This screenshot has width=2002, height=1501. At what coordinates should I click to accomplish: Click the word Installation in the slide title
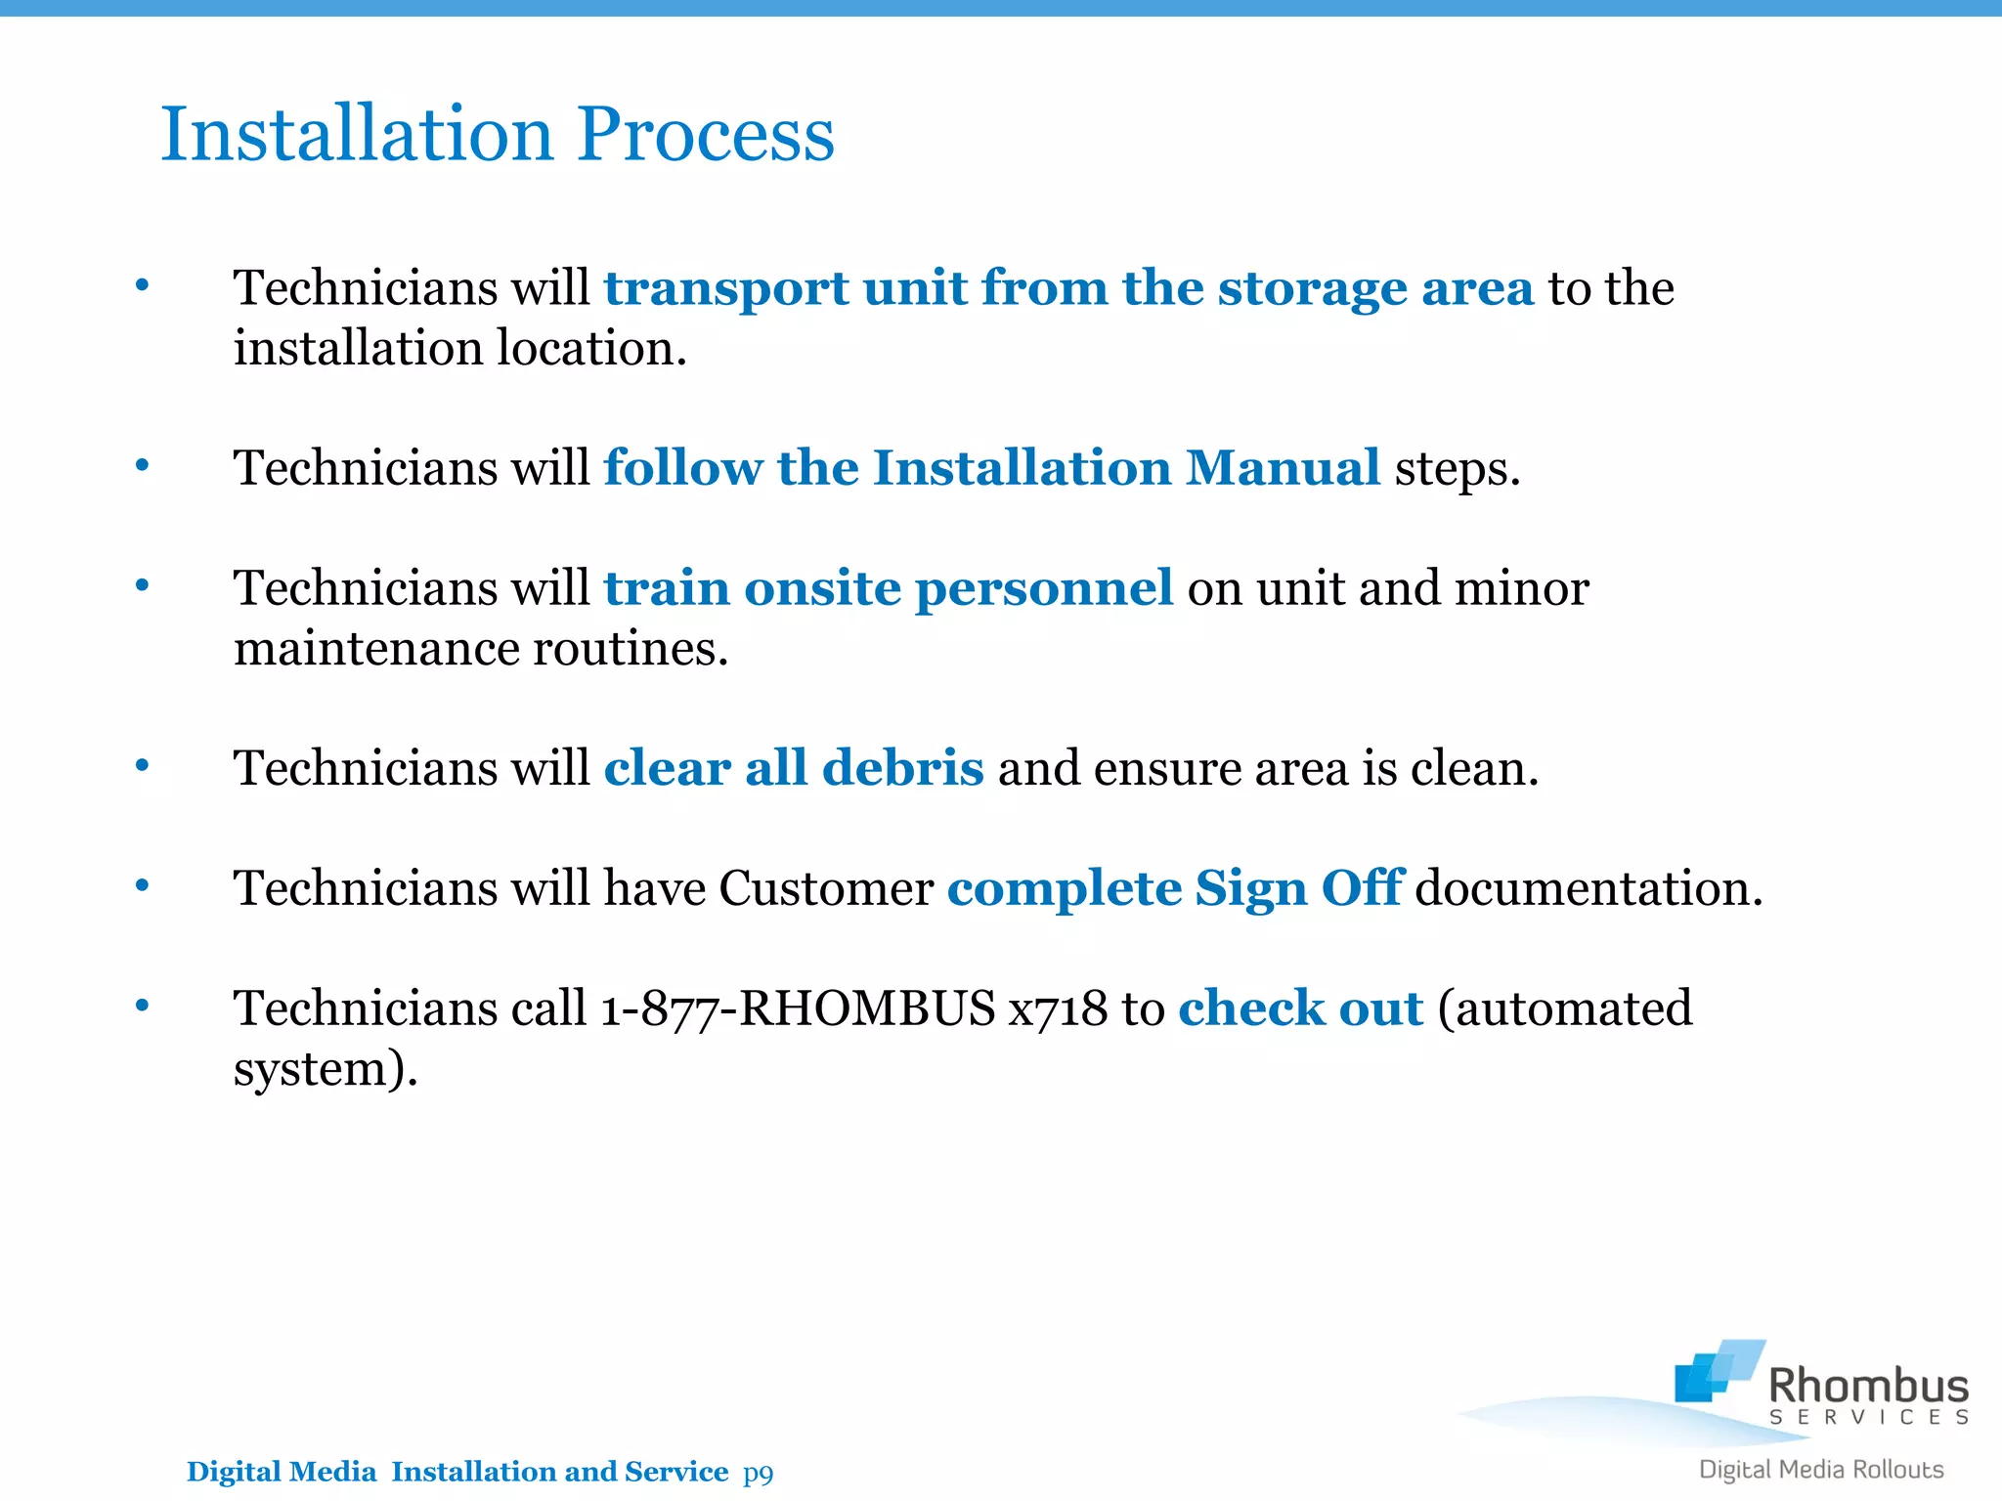tap(358, 134)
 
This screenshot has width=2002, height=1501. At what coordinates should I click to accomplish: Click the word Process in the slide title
tap(705, 134)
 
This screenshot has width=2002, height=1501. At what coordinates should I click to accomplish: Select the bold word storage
tap(1312, 289)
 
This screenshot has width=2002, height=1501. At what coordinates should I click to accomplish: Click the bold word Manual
tap(1283, 468)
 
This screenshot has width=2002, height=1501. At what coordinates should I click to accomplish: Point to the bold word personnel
tap(1043, 588)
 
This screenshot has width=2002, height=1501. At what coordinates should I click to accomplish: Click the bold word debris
tap(902, 768)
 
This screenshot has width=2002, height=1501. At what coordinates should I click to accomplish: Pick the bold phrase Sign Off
tap(1299, 888)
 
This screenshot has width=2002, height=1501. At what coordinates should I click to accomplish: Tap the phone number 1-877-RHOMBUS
tap(798, 1008)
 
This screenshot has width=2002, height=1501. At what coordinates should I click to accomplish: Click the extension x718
tap(1059, 1008)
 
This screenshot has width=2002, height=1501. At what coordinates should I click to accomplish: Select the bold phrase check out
tap(1300, 1008)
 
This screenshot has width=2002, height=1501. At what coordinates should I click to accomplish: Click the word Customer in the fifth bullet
tap(826, 888)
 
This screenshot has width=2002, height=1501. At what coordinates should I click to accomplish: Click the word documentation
tap(1589, 888)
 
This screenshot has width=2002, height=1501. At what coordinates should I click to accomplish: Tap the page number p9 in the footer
tap(758, 1472)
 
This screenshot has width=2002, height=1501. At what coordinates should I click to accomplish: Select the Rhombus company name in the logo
tap(1868, 1386)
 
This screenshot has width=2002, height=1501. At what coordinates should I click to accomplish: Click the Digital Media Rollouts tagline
tap(1821, 1470)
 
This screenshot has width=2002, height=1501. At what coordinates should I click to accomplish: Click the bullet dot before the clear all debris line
tap(143, 765)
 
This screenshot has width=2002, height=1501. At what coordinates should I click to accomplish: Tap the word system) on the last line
tap(326, 1069)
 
